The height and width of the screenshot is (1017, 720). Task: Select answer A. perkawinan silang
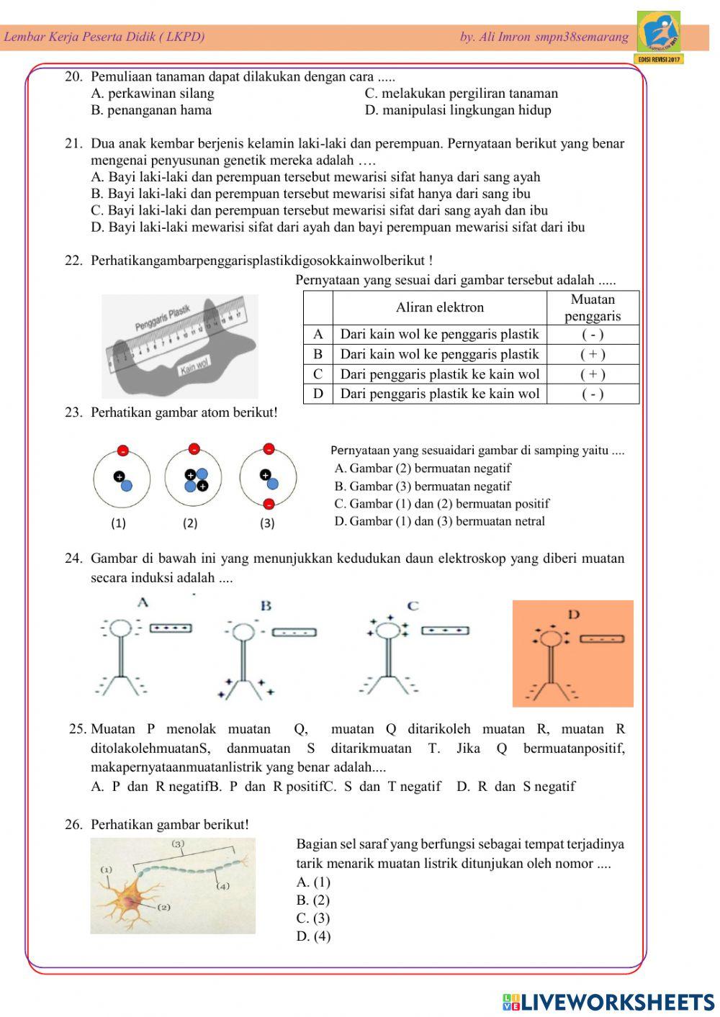pyautogui.click(x=153, y=94)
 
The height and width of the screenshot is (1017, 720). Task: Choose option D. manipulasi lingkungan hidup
pyautogui.click(x=458, y=110)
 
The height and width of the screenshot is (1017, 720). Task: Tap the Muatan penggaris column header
pyautogui.click(x=593, y=307)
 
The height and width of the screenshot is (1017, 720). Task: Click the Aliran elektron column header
pyautogui.click(x=439, y=307)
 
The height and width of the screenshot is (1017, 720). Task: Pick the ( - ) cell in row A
pyautogui.click(x=593, y=334)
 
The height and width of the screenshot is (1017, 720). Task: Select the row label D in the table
pyautogui.click(x=318, y=394)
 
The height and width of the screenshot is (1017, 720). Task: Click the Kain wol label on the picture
pyautogui.click(x=194, y=369)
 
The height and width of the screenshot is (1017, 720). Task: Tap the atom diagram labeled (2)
pyautogui.click(x=194, y=479)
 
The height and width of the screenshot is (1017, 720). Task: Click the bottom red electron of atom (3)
pyautogui.click(x=269, y=503)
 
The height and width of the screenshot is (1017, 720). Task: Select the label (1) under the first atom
pyautogui.click(x=118, y=523)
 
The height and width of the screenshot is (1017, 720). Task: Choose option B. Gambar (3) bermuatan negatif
pyautogui.click(x=423, y=487)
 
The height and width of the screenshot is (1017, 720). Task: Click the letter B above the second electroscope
pyautogui.click(x=266, y=605)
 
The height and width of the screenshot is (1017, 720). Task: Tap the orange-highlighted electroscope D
pyautogui.click(x=572, y=654)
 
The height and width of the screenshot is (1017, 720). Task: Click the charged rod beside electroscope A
pyautogui.click(x=171, y=628)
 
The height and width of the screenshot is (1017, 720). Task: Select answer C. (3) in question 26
pyautogui.click(x=313, y=918)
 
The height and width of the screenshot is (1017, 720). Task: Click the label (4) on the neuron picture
pyautogui.click(x=223, y=886)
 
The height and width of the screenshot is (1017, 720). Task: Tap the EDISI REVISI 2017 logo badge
pyautogui.click(x=659, y=37)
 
